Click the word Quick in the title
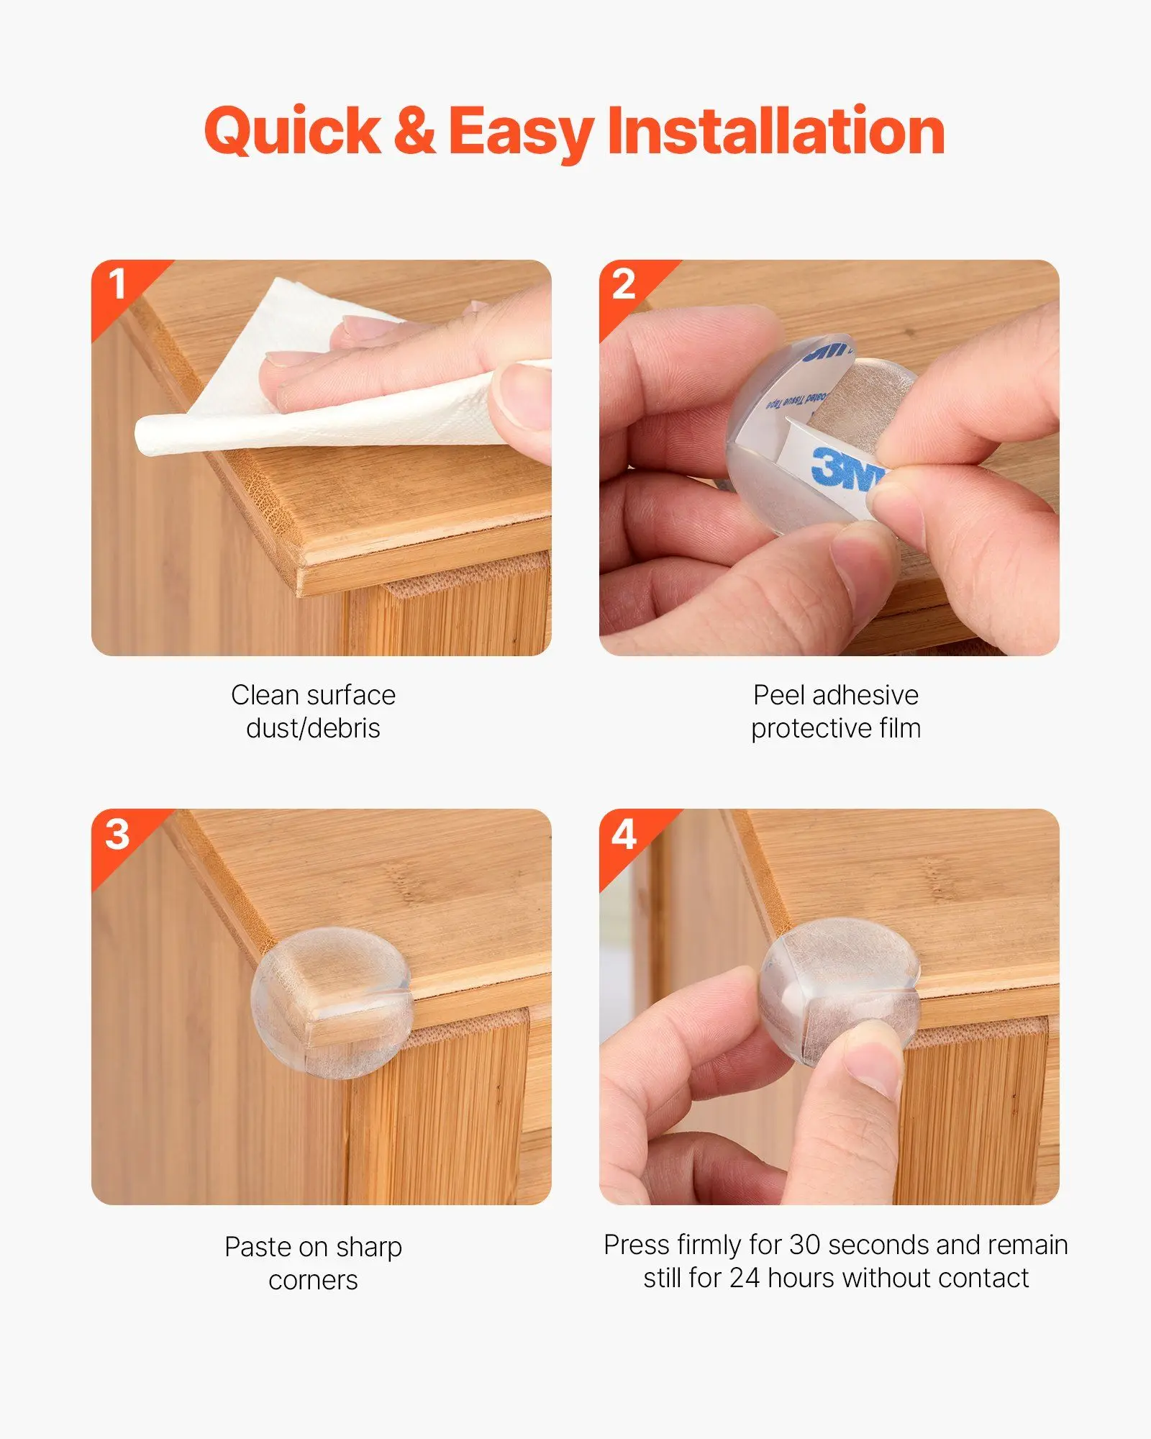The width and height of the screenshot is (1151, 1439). point(292,132)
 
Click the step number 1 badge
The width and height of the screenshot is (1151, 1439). point(117,284)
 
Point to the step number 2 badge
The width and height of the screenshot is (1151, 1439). point(624,284)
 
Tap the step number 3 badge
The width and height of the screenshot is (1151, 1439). point(117,834)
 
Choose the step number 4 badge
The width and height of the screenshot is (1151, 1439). point(624,835)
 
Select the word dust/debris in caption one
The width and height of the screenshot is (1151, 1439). point(313,729)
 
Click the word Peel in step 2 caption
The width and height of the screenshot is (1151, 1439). point(779,695)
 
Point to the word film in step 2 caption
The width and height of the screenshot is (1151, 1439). point(899,729)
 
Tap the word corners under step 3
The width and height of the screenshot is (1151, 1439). point(313,1281)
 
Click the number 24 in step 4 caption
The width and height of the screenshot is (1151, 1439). point(745,1279)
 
